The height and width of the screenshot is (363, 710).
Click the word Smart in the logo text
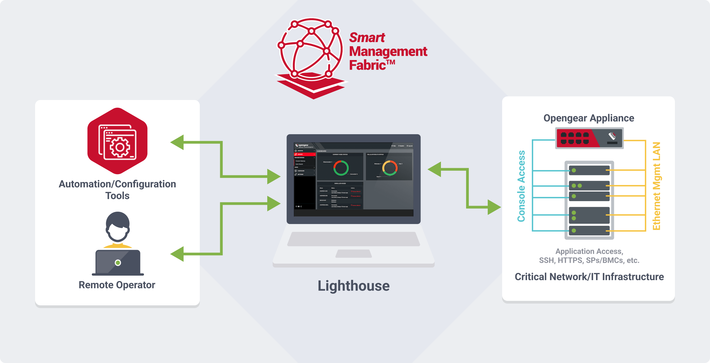click(367, 38)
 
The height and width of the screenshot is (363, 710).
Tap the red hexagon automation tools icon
click(117, 141)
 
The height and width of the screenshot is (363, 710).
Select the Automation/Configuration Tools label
click(117, 189)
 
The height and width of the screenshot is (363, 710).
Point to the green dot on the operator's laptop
click(118, 263)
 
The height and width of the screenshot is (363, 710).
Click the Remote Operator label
click(117, 285)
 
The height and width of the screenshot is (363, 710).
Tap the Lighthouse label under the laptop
click(353, 286)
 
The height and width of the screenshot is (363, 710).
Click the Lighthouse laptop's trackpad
click(354, 254)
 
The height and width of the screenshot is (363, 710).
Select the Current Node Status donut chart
click(341, 168)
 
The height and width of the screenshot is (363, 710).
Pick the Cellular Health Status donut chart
click(390, 168)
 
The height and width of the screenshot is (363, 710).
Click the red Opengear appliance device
click(589, 138)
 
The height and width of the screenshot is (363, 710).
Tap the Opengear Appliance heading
click(589, 118)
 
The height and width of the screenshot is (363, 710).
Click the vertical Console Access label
click(521, 186)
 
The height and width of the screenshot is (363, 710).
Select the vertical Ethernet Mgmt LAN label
click(657, 186)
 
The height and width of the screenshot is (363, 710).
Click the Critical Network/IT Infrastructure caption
click(589, 277)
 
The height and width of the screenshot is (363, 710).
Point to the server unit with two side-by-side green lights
click(589, 186)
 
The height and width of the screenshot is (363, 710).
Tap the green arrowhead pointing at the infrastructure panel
click(494, 207)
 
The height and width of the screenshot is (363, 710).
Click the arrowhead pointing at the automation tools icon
click(177, 142)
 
